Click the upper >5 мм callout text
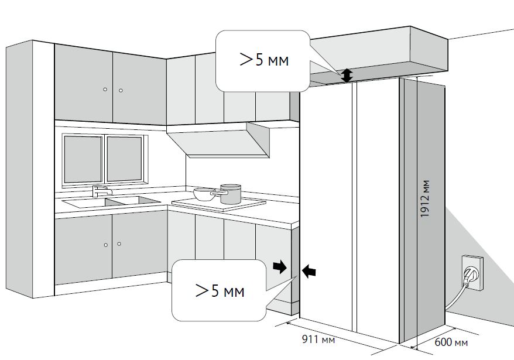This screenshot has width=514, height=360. (264, 60)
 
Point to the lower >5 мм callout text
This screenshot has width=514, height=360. (220, 290)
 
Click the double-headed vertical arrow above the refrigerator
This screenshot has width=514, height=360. (347, 75)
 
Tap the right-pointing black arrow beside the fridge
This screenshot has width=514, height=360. (280, 268)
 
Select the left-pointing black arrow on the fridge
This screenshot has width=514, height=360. (309, 270)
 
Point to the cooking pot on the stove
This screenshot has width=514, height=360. (230, 194)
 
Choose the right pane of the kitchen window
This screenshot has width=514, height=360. (124, 158)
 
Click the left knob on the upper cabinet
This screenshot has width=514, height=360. (105, 90)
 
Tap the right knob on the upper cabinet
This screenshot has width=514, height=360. (120, 90)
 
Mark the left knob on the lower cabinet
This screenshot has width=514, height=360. (105, 245)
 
